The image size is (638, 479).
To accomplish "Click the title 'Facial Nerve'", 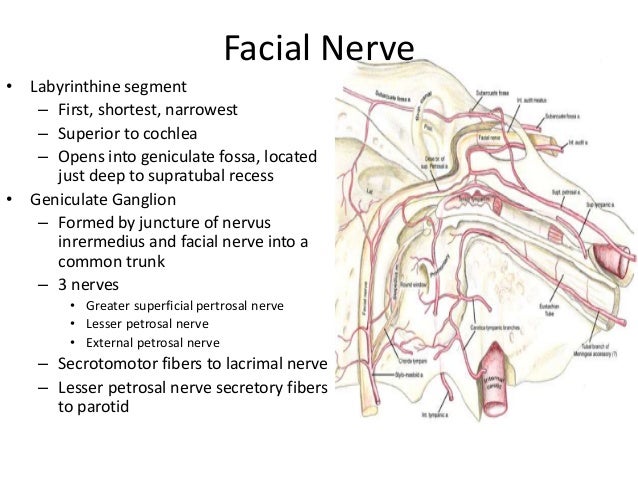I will pyautogui.click(x=319, y=47).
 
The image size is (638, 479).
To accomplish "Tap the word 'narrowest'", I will pyautogui.click(x=202, y=109).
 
